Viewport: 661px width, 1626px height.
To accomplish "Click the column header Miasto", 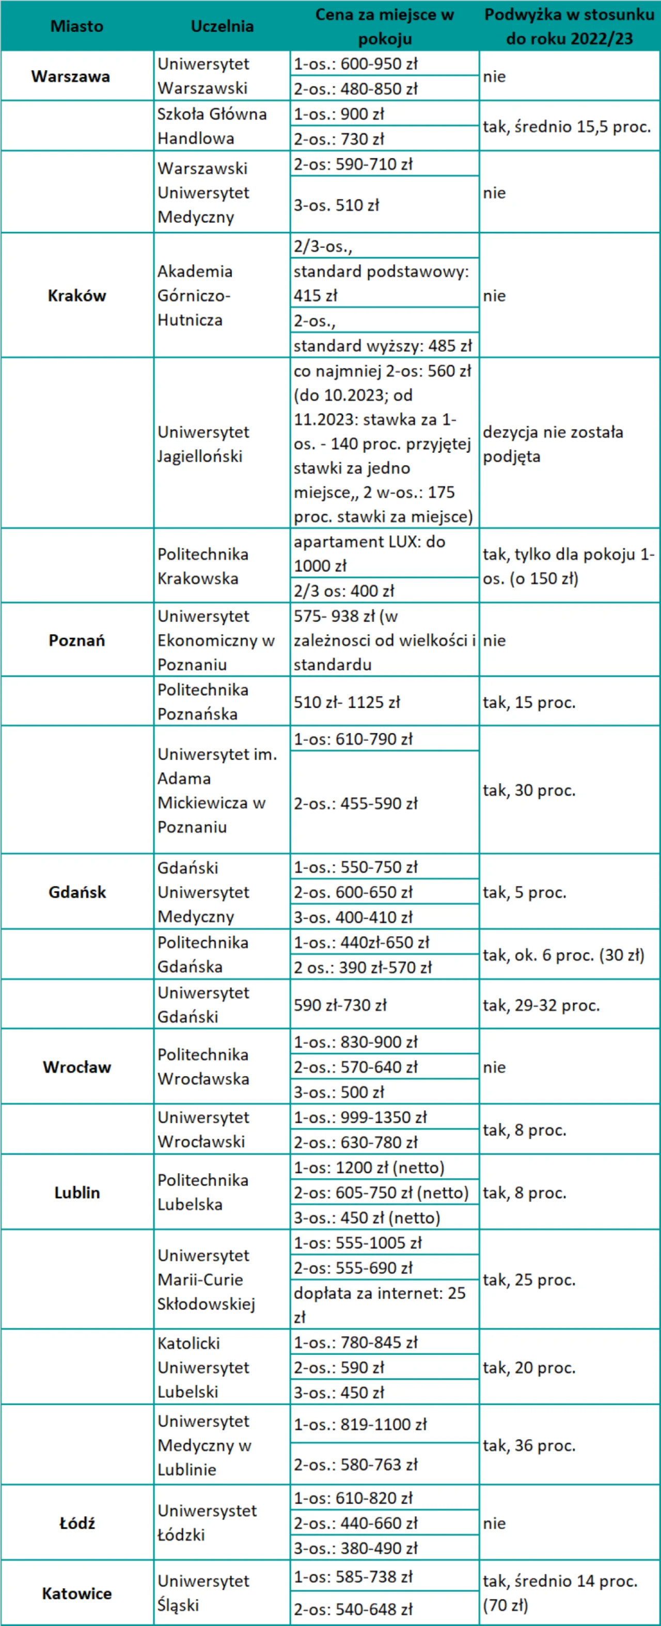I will [76, 26].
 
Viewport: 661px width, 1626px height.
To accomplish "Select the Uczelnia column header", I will [222, 26].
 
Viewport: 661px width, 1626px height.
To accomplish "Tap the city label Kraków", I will [76, 295].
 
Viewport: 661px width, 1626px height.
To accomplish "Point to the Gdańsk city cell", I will [76, 892].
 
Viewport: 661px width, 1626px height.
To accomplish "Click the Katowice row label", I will [76, 1593].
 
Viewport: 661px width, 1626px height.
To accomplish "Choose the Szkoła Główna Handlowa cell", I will [212, 125].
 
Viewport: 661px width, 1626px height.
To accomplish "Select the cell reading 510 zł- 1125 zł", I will [347, 702].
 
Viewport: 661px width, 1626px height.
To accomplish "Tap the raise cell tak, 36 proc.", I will [529, 1445].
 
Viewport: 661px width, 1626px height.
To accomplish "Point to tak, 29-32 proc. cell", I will [541, 1005].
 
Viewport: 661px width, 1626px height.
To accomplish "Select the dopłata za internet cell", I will [380, 1305].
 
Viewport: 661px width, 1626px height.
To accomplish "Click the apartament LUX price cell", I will [369, 554].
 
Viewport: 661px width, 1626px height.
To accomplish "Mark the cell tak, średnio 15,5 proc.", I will [566, 126].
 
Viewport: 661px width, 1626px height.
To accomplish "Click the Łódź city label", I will [76, 1523].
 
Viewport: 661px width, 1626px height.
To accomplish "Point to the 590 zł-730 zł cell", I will [340, 1005].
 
